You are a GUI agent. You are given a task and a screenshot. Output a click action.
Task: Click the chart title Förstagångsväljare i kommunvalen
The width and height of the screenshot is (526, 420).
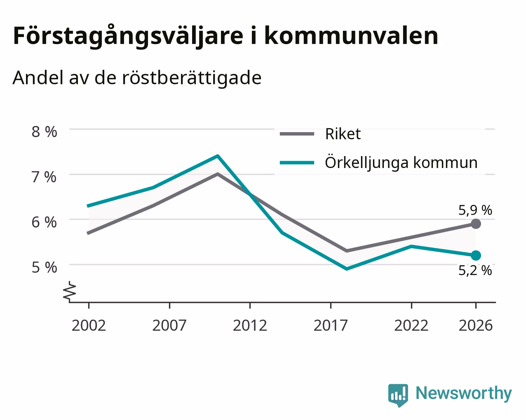coord(225,36)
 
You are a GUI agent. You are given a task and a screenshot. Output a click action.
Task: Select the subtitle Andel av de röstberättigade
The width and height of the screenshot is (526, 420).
coord(137,78)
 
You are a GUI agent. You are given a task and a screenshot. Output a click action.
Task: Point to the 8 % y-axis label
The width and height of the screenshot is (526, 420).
coord(44,132)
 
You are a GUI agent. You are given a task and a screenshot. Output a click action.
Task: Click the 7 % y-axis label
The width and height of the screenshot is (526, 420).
coord(44,177)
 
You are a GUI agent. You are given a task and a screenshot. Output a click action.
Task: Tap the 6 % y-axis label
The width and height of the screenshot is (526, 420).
coord(44,222)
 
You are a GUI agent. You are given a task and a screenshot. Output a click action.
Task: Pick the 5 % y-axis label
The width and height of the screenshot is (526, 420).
coord(44,267)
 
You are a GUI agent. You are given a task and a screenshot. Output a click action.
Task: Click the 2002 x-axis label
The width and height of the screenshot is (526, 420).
coord(89,325)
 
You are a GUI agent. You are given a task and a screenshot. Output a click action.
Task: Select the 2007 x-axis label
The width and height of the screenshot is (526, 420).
coord(169,325)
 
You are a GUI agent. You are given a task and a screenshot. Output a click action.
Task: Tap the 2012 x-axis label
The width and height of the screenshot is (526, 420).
coord(250,325)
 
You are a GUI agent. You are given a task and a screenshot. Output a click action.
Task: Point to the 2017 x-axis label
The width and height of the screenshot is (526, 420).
coord(331,325)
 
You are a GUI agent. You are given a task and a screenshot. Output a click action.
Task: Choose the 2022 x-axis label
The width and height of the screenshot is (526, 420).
coord(411,325)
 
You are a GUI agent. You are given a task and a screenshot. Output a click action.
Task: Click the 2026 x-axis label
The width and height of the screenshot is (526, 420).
coord(476,325)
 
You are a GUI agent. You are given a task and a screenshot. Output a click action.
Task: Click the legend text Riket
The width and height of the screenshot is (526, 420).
coord(343,134)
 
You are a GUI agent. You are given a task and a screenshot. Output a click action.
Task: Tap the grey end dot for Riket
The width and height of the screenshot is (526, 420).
coord(476,224)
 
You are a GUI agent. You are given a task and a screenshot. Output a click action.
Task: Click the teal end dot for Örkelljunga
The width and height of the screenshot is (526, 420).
coord(476,255)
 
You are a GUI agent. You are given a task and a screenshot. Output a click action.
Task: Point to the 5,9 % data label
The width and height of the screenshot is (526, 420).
coord(475,210)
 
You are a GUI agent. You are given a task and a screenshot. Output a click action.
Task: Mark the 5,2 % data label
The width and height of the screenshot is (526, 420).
coord(475,270)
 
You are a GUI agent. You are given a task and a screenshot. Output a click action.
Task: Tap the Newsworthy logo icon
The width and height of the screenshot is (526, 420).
coord(398,395)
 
